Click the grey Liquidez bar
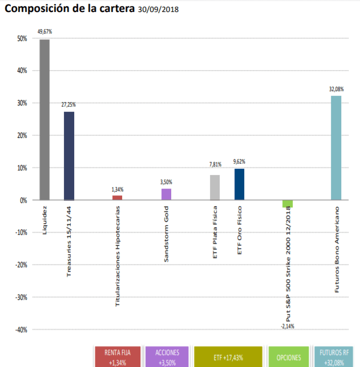point(45,120)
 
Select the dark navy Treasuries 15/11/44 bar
point(69,156)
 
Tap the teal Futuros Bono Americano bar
point(336,148)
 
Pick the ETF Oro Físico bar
point(240,184)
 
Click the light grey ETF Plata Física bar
point(215,187)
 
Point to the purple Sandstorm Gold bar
point(166,194)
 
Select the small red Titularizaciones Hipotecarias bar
point(118,198)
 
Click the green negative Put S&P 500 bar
point(288,203)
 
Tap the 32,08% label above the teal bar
point(336,89)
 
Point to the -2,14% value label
point(288,326)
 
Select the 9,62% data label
point(240,162)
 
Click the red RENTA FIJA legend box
point(118,357)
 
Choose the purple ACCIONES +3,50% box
point(167,357)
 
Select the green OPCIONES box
point(289,357)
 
